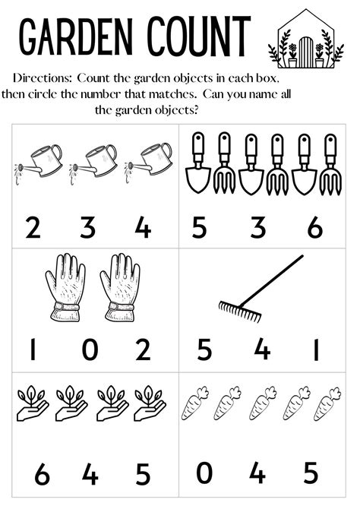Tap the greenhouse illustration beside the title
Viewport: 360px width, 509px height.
coord(301,39)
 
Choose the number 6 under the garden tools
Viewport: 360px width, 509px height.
coord(314,226)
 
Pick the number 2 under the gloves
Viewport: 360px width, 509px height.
coord(142,350)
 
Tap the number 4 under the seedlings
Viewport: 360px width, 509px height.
coord(90,475)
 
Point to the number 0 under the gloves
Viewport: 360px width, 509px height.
coord(90,350)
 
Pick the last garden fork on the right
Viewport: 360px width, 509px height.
coord(330,163)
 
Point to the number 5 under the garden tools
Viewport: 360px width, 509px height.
coord(199,226)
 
